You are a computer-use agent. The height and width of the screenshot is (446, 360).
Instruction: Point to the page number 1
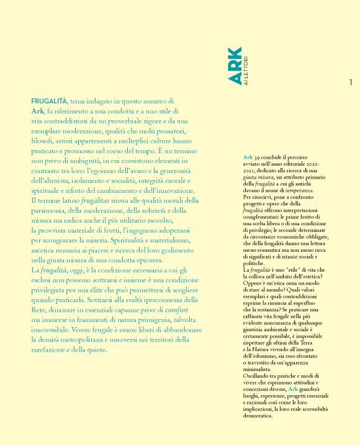point(351,82)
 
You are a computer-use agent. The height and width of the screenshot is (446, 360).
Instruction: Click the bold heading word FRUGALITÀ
point(50,100)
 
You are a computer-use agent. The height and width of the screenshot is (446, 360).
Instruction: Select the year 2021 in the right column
point(251,166)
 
